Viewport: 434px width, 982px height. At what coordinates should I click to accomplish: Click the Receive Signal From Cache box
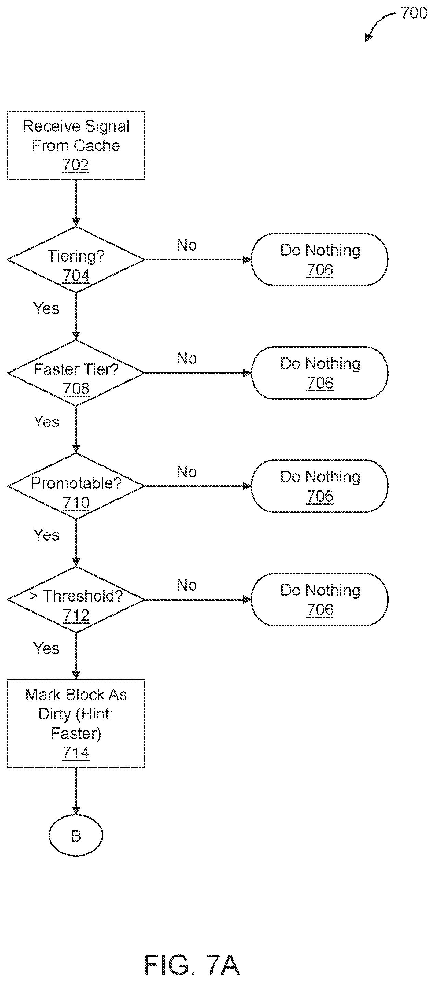tap(76, 145)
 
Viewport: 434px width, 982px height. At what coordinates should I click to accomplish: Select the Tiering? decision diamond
tap(76, 259)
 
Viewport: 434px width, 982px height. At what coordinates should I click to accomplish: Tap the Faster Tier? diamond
tap(76, 373)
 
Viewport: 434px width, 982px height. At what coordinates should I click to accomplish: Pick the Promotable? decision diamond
tap(76, 486)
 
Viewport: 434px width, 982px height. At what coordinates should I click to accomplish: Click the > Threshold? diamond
tap(76, 599)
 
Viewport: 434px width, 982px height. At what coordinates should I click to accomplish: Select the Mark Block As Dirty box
tap(76, 723)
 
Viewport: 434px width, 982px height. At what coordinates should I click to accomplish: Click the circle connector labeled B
tap(76, 836)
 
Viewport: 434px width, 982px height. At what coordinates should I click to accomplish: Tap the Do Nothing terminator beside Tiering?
tap(320, 259)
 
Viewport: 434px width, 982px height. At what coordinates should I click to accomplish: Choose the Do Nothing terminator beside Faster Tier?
tap(320, 373)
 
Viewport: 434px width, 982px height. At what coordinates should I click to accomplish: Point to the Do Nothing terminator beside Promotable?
tap(320, 486)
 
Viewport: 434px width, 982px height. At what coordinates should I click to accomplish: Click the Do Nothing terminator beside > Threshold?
tap(320, 599)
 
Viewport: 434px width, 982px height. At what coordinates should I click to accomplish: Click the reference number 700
tap(414, 13)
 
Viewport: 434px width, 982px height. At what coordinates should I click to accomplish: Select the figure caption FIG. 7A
tap(192, 965)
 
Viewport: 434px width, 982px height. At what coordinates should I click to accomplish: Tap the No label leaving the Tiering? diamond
tap(187, 245)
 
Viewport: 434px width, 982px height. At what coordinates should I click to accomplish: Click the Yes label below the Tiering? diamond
tap(46, 308)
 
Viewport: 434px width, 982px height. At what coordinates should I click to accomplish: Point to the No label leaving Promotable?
tap(187, 472)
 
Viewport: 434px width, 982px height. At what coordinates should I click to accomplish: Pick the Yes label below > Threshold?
tap(46, 648)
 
